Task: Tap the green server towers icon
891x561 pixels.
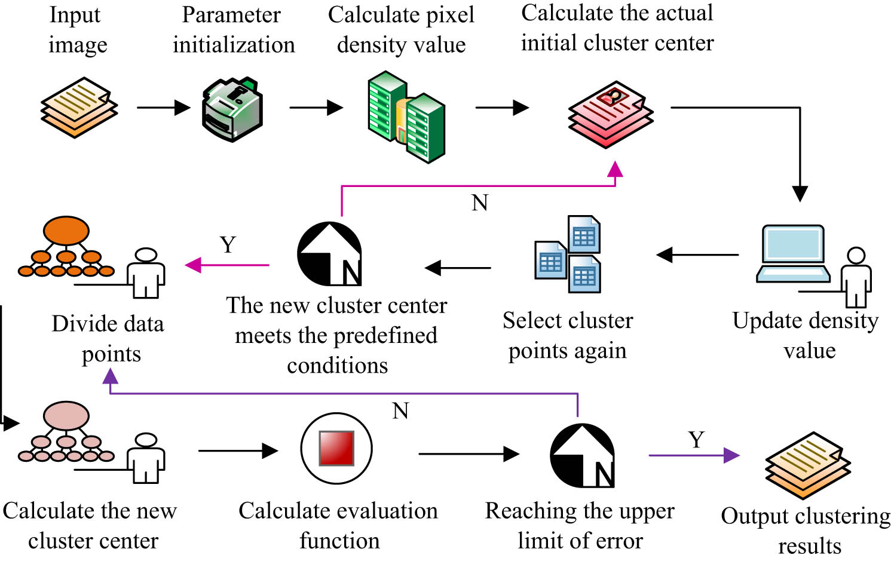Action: click(406, 117)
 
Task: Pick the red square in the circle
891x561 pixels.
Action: click(336, 448)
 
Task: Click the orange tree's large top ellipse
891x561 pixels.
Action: click(66, 231)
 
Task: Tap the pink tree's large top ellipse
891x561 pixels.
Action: click(66, 415)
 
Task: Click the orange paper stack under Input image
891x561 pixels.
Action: click(79, 108)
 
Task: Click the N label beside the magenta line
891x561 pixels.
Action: click(480, 203)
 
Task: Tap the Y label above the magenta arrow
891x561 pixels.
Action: click(228, 245)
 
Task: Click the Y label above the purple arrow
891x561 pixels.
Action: click(696, 440)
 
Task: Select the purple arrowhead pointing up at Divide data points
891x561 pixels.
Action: click(110, 376)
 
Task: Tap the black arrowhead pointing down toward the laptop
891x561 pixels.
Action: click(800, 194)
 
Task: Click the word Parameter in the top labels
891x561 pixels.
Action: click(231, 15)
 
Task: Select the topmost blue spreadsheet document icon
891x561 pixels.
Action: click(584, 234)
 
